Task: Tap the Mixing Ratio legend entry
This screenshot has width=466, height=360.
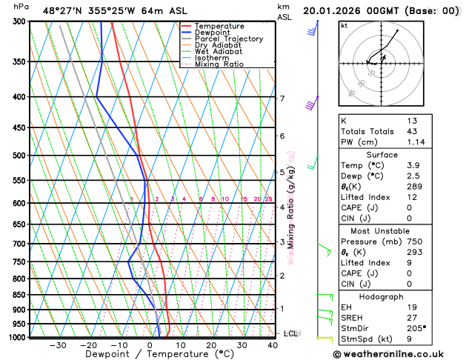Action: (x=219, y=64)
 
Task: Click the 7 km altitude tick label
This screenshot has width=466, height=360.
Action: (x=282, y=99)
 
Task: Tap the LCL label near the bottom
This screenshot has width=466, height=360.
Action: (x=290, y=333)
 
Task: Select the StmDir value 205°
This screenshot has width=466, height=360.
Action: (x=416, y=327)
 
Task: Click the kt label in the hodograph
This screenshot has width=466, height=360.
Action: (x=344, y=25)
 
